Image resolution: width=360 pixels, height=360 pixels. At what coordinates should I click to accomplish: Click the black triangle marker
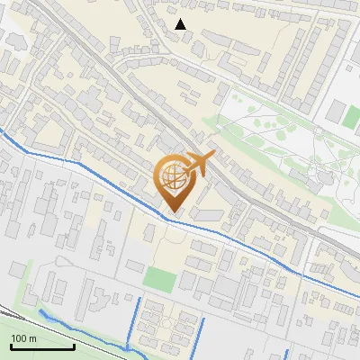point(181,24)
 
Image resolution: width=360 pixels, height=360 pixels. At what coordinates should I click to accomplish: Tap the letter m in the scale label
point(33,338)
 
